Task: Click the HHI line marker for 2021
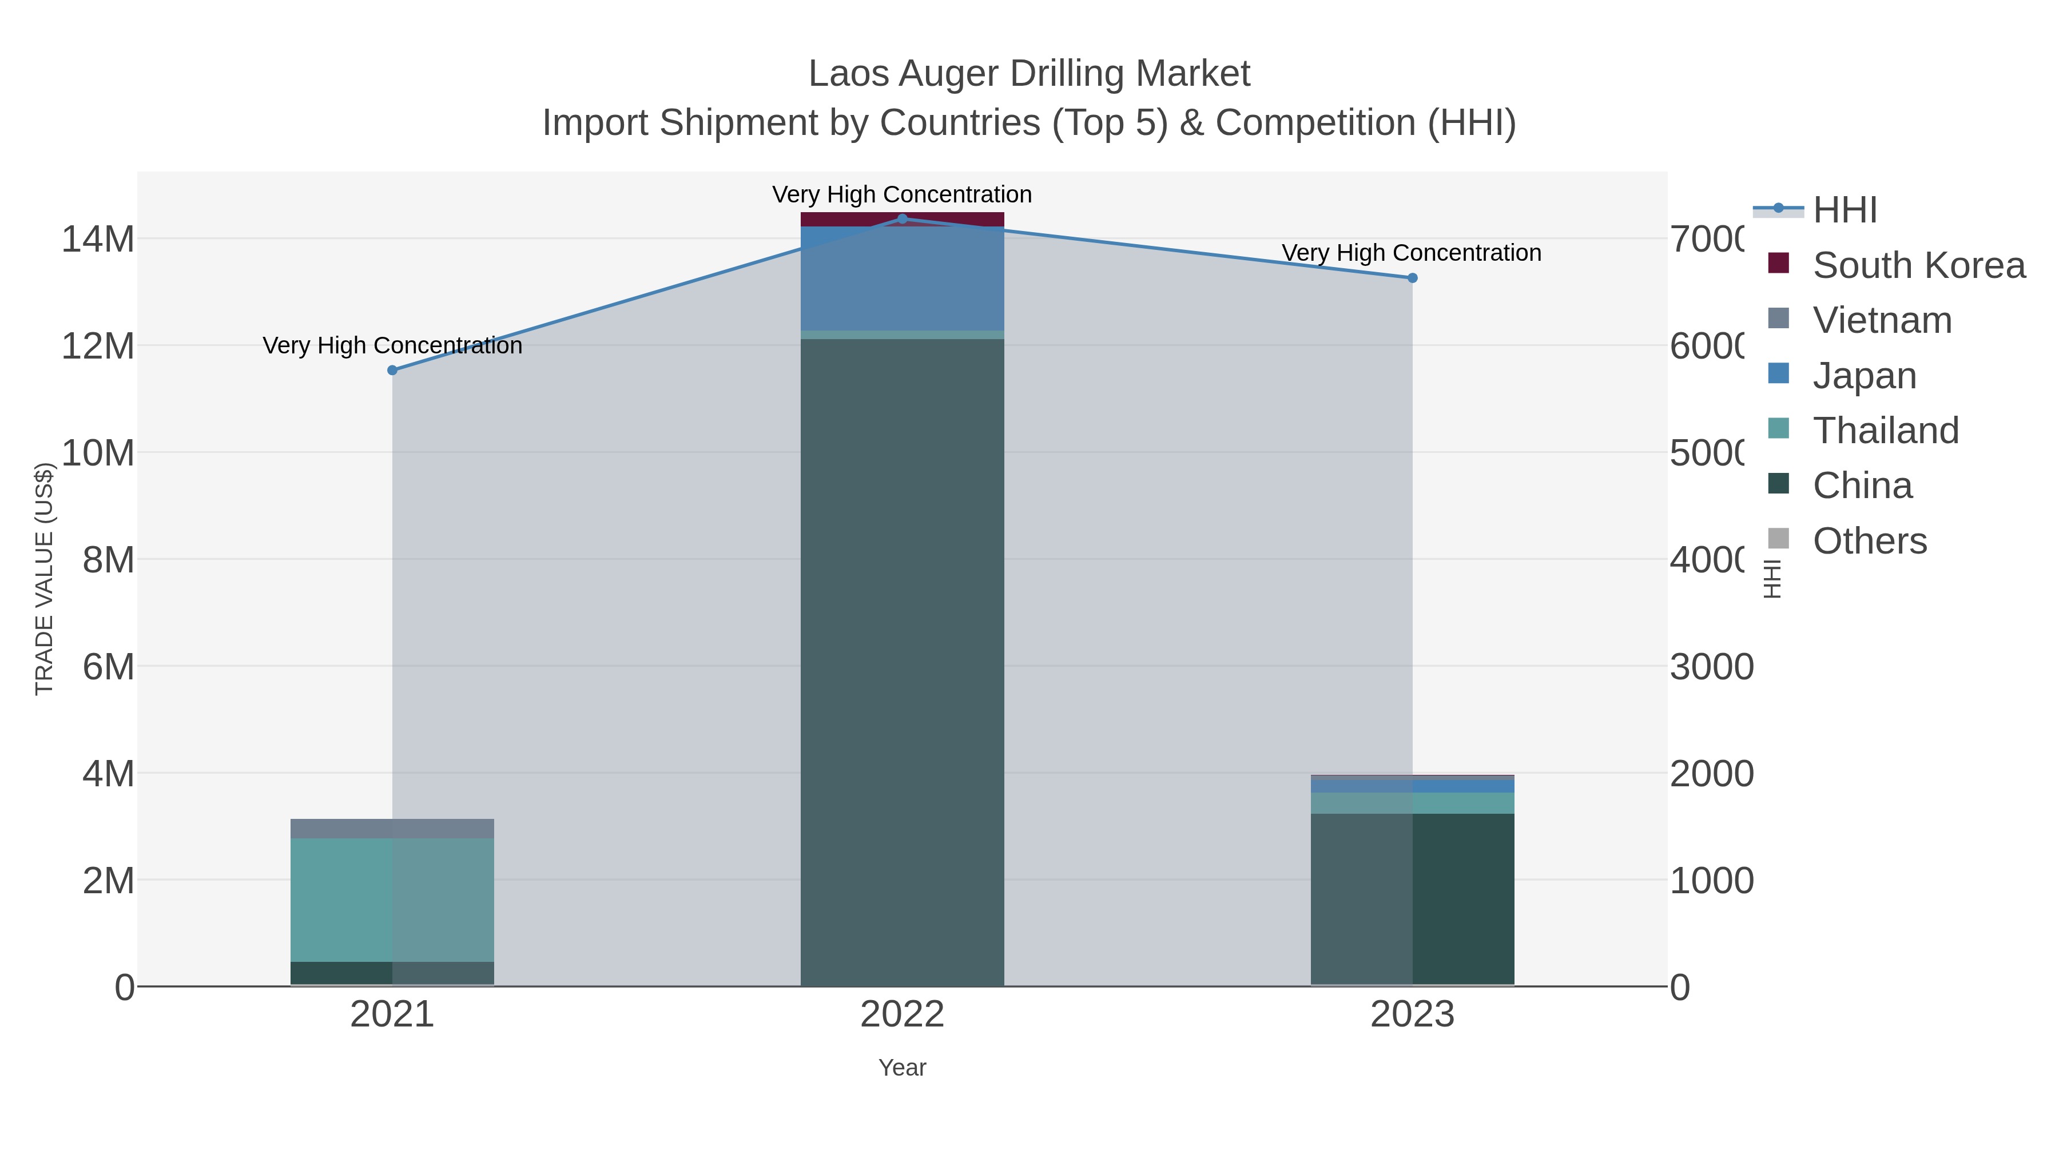point(392,370)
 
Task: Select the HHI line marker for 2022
point(903,218)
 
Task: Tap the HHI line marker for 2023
point(1412,278)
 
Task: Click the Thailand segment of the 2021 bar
point(392,900)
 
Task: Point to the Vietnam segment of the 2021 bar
point(392,829)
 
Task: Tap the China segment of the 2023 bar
point(1412,899)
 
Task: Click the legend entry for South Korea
point(1918,265)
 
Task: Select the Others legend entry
point(1870,541)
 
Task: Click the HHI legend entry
point(1845,210)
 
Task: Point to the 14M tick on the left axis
point(97,239)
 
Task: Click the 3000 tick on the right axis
point(1711,667)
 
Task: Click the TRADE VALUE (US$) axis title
point(45,579)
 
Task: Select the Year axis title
point(903,1068)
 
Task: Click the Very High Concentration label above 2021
point(392,345)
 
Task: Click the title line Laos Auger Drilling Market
point(1029,74)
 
